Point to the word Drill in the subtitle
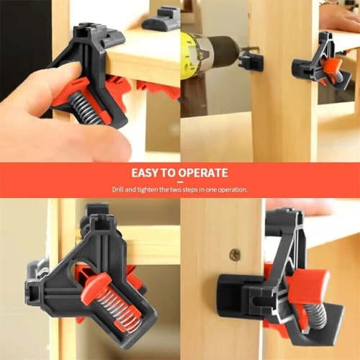[118, 189]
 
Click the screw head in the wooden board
[235, 254]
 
